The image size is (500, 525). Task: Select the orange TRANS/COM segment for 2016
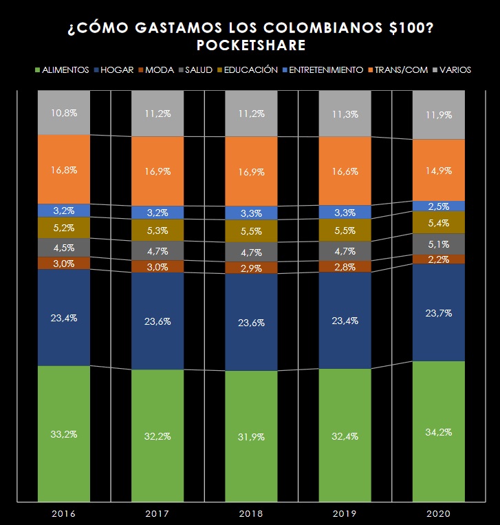(x=64, y=169)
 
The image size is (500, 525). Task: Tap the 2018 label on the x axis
(x=250, y=513)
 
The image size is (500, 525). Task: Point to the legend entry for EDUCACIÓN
(x=247, y=70)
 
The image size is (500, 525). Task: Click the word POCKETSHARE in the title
(x=250, y=45)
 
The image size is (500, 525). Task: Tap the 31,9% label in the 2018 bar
(x=250, y=436)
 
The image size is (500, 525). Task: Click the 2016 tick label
(x=64, y=513)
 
